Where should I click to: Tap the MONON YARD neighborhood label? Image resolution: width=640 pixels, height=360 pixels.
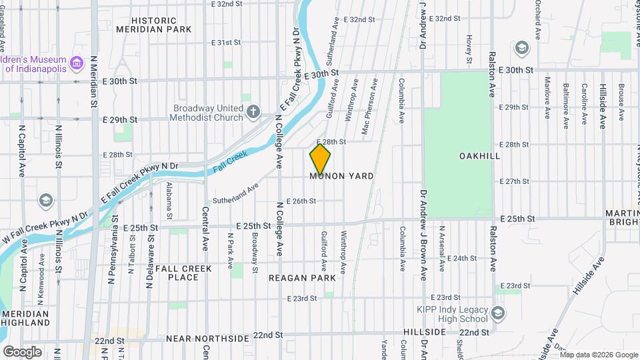(341, 176)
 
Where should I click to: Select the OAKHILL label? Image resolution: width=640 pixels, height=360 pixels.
(479, 155)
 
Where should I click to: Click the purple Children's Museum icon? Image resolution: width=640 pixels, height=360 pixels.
(77, 63)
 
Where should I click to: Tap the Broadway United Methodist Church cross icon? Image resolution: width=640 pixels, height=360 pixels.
(253, 111)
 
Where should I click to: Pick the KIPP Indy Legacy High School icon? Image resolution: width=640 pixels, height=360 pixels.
(497, 313)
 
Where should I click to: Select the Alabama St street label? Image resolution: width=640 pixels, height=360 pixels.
(169, 201)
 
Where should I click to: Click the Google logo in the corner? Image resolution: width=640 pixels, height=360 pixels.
(22, 351)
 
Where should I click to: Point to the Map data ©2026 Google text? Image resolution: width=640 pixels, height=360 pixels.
(598, 354)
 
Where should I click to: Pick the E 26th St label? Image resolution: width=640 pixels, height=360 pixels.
(300, 201)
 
